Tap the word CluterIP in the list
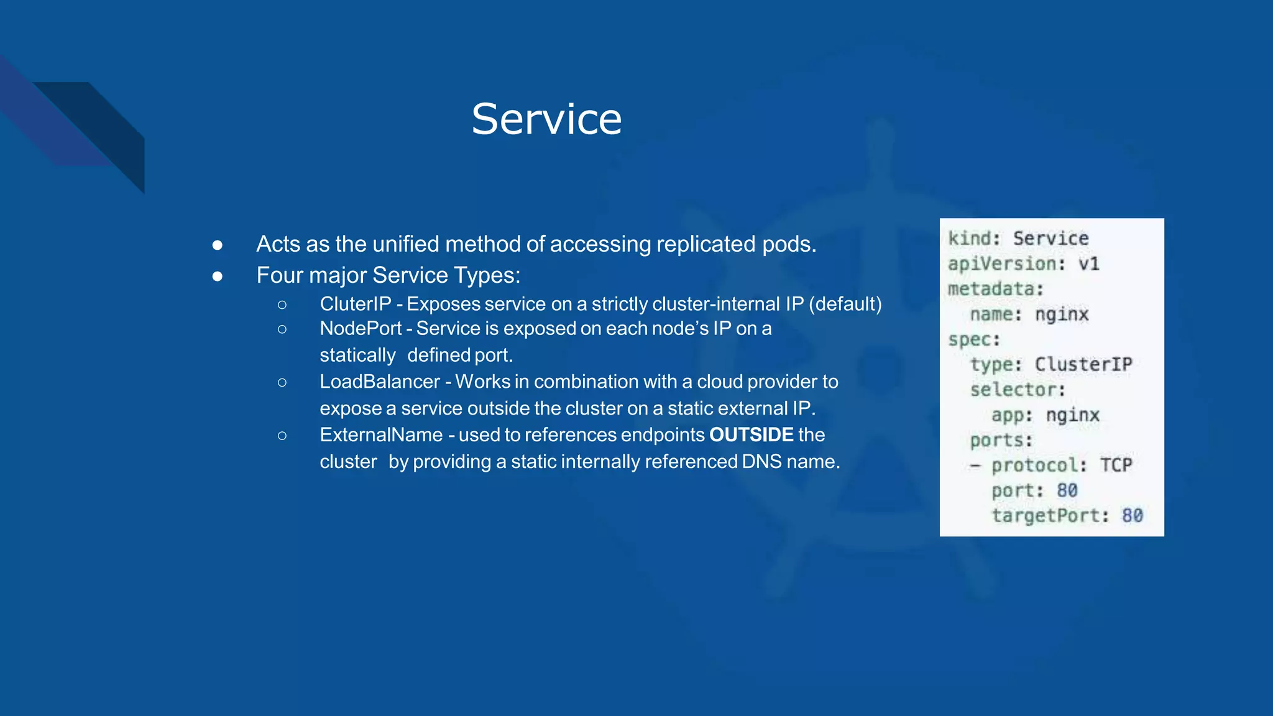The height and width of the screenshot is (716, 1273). [x=356, y=304]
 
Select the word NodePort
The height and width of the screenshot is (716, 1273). [x=361, y=328]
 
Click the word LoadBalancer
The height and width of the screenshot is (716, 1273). [x=380, y=382]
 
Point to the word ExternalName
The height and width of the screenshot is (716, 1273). [x=381, y=435]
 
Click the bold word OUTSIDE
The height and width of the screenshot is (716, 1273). [x=751, y=435]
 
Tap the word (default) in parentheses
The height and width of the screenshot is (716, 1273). [x=845, y=304]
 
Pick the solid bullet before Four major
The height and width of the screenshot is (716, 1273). [x=217, y=276]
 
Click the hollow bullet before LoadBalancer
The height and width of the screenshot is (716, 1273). [x=282, y=382]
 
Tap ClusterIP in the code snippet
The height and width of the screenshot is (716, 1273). [x=1083, y=364]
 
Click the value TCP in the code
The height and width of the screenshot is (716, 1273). [x=1116, y=465]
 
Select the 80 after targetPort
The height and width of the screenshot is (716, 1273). [x=1132, y=515]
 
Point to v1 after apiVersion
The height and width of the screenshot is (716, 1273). [x=1089, y=264]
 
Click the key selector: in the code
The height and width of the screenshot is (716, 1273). [x=1018, y=390]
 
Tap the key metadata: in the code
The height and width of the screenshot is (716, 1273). [x=995, y=289]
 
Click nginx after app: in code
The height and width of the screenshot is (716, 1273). [x=1073, y=415]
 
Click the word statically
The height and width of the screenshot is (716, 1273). [x=357, y=356]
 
